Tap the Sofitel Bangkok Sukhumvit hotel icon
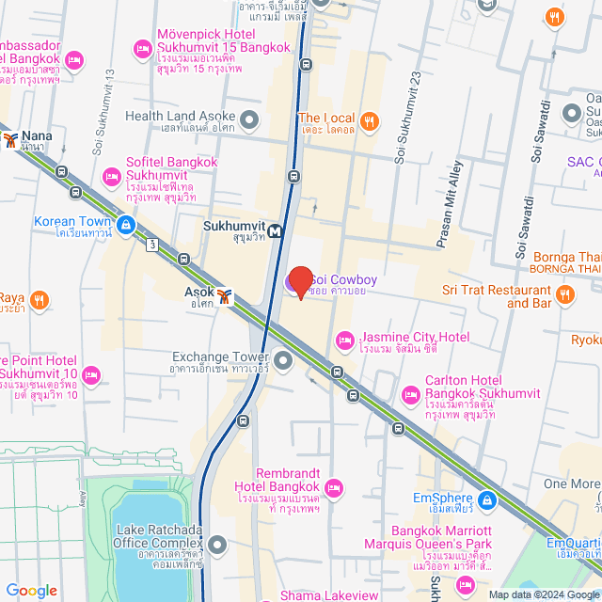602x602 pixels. tap(112, 176)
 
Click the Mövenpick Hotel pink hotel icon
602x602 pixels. tap(143, 47)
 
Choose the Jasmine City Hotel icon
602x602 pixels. tap(344, 339)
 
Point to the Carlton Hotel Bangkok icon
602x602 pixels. tap(410, 393)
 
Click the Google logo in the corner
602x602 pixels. tap(32, 590)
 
